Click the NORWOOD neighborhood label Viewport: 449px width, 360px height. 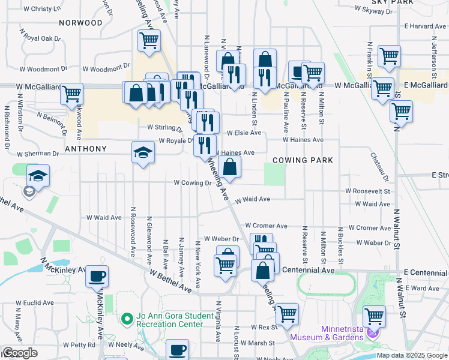click(81, 23)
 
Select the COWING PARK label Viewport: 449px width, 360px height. click(302, 160)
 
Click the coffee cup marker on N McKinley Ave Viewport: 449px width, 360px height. click(97, 277)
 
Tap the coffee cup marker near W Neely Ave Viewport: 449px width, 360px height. click(176, 349)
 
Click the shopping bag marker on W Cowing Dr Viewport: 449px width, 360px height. click(230, 167)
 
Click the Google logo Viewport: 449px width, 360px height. click(20, 353)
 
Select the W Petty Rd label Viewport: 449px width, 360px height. click(83, 345)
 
